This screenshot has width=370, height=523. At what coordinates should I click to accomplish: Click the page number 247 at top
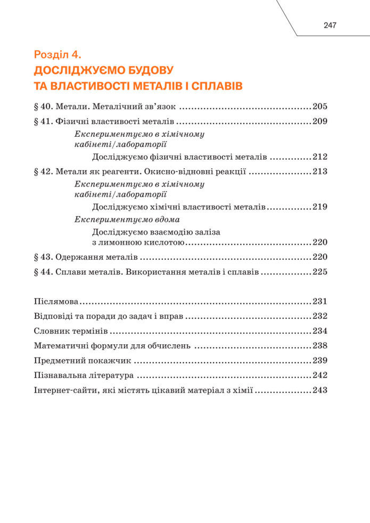tap(330, 26)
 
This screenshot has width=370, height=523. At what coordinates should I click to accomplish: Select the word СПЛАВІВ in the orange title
tap(215, 85)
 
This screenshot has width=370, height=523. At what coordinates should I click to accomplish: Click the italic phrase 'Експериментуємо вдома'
tap(127, 219)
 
